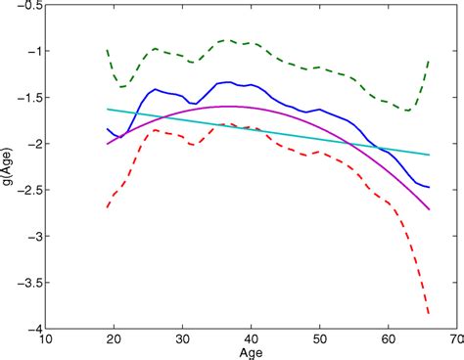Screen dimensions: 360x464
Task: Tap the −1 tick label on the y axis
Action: (34, 51)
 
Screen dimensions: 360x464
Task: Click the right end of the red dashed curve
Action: (429, 314)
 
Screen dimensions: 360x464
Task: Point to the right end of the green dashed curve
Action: (429, 60)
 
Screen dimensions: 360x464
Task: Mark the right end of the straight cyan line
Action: (429, 155)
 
